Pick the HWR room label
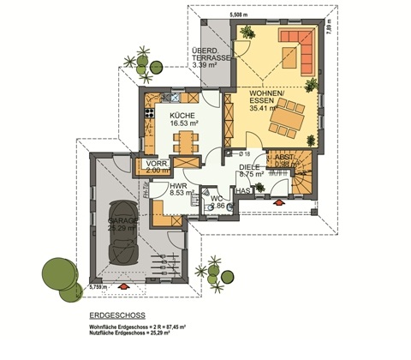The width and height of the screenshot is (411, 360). click(178, 185)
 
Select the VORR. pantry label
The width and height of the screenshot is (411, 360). click(157, 163)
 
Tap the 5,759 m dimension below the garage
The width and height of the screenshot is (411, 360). click(101, 288)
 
